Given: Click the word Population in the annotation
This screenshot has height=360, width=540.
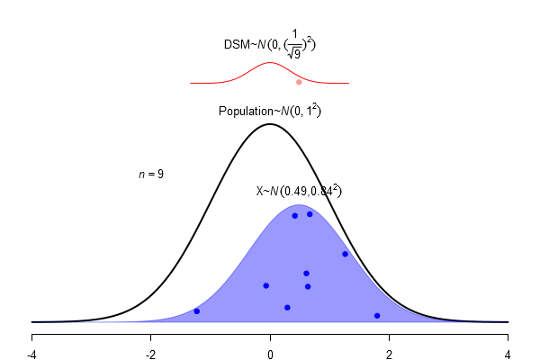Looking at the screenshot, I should point(245,112).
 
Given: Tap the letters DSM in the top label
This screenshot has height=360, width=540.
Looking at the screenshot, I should point(235,44).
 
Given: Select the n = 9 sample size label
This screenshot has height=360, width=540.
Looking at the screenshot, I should point(150,174).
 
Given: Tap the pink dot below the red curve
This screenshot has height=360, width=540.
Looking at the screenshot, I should point(299,82).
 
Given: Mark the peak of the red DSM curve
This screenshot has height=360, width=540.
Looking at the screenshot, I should point(270,63).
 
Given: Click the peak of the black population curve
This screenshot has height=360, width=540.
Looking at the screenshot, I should point(270,123).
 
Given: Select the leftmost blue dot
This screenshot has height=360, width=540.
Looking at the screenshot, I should point(197,311).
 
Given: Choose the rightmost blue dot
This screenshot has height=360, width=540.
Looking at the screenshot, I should point(377,315).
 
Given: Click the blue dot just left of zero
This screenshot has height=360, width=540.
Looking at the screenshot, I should point(265,286).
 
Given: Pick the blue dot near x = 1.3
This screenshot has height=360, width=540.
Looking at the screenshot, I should point(345,254).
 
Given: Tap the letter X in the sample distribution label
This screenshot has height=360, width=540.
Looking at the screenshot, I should point(260,192).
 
